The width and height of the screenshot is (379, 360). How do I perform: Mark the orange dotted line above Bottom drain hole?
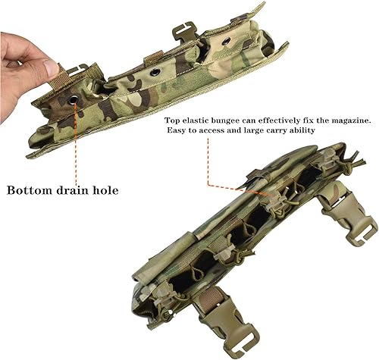75,140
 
